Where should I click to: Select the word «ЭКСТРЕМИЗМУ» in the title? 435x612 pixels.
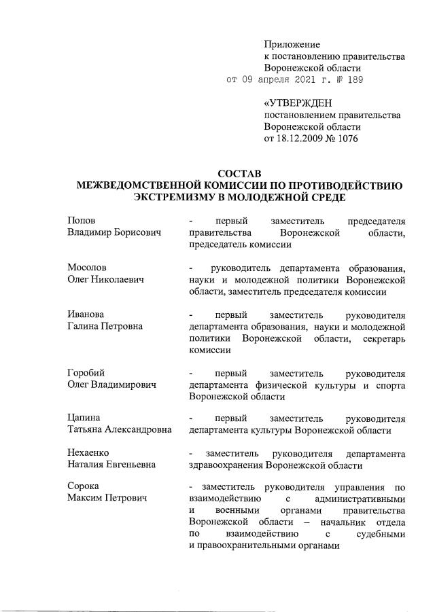(x=179, y=198)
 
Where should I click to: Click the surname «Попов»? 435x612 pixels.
(x=82, y=221)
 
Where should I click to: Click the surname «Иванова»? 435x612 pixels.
(x=86, y=314)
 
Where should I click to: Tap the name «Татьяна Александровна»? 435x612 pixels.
(x=119, y=431)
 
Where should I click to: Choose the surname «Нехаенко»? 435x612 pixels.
(x=88, y=453)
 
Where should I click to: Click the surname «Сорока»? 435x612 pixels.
(x=83, y=487)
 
